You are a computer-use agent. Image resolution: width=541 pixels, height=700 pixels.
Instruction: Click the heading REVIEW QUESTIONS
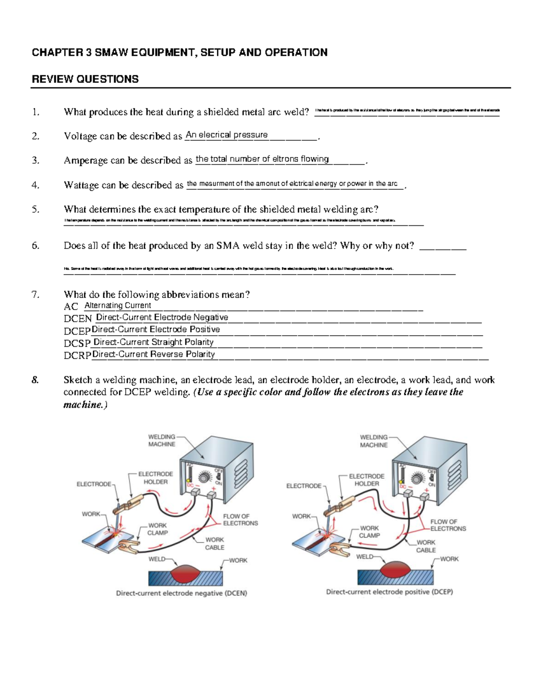(85, 79)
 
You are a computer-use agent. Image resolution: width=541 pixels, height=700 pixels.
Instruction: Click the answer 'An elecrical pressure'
(226, 135)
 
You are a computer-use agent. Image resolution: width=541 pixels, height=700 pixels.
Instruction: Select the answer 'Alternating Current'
(118, 306)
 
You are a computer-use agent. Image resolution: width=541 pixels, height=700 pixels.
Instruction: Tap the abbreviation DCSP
(77, 343)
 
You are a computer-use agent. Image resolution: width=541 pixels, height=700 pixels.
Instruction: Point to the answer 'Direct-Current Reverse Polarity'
(153, 354)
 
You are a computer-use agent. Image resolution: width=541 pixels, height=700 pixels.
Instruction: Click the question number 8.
(36, 380)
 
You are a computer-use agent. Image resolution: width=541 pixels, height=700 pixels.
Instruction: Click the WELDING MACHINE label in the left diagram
(162, 440)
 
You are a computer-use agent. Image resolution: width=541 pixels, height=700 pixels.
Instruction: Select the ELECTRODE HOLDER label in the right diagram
(367, 480)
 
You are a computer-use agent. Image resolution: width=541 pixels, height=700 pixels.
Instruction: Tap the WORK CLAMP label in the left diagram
(157, 529)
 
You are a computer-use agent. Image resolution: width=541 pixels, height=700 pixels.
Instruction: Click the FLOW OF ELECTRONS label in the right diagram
(448, 525)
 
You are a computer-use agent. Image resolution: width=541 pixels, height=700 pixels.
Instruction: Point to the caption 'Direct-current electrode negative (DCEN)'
(181, 593)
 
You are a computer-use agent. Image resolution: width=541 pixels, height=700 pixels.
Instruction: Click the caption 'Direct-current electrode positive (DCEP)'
(389, 592)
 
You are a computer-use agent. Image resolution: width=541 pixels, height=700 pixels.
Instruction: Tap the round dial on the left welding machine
(206, 477)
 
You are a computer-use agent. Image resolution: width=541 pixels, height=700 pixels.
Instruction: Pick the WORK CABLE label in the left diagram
(215, 544)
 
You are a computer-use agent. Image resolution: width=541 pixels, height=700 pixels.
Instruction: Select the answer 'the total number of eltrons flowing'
(262, 159)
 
